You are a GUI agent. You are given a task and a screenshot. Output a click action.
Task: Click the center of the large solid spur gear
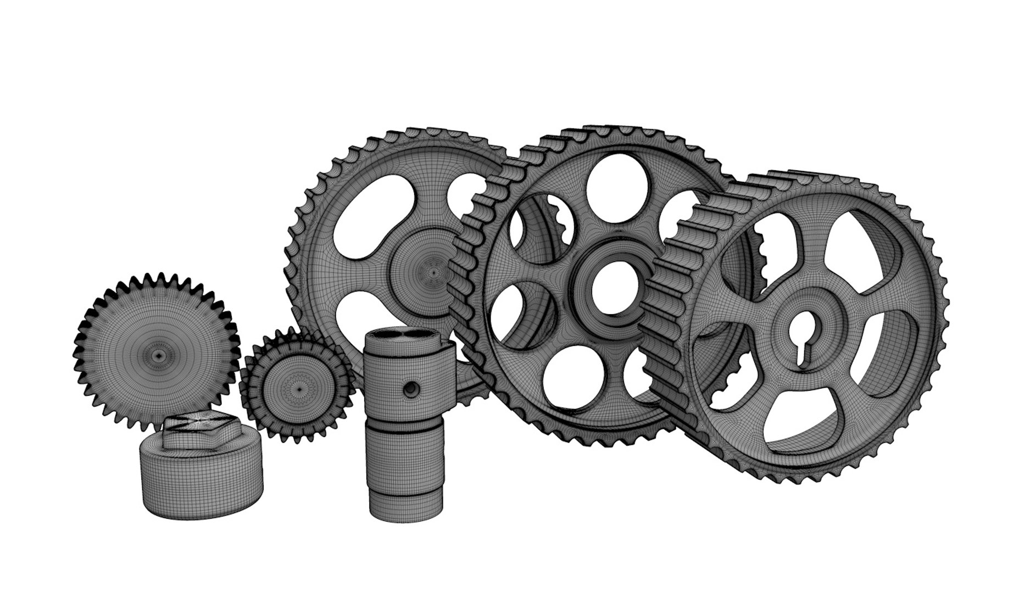[158, 356]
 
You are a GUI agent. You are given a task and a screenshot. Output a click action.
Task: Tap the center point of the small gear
[299, 389]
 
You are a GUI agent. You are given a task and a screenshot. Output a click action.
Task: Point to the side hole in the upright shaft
[410, 389]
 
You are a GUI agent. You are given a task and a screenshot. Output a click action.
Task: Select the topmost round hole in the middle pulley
[610, 181]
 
